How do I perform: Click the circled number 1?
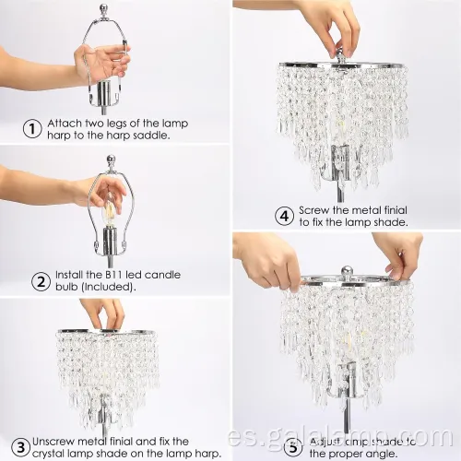[32, 129]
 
